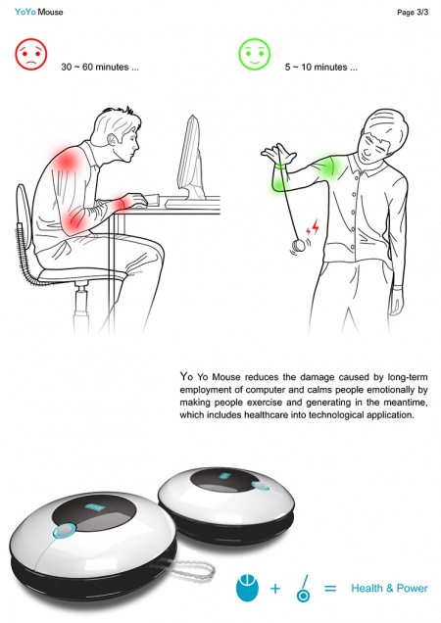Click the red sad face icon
[31, 54]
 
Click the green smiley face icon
[254, 54]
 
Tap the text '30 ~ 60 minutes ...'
[100, 67]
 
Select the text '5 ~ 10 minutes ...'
[320, 67]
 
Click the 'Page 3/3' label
[413, 13]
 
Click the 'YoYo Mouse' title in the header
[38, 12]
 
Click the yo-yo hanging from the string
[298, 246]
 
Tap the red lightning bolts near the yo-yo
[313, 227]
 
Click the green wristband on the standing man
[280, 167]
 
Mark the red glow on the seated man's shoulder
[67, 160]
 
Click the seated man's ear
[114, 139]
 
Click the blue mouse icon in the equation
[247, 587]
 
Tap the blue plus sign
[275, 588]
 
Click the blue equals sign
[330, 588]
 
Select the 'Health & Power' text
[389, 588]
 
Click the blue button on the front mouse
[66, 530]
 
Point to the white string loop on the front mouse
[192, 568]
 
